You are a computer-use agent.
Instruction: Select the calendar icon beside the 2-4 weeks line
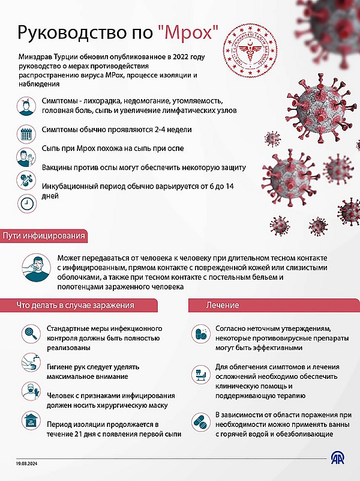(26, 133)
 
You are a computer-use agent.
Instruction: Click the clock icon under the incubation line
(26, 204)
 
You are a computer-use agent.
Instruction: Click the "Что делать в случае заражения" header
(75, 305)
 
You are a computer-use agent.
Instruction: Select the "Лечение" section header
(223, 305)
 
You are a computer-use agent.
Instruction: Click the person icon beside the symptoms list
(26, 106)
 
